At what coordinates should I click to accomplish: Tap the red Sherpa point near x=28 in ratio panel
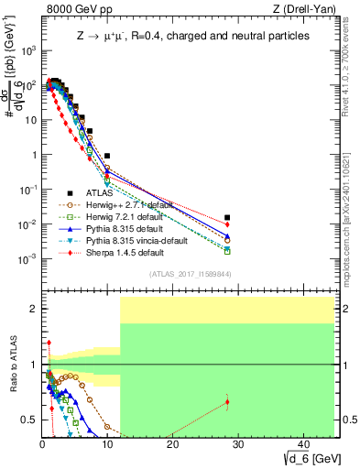[x=227, y=401]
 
